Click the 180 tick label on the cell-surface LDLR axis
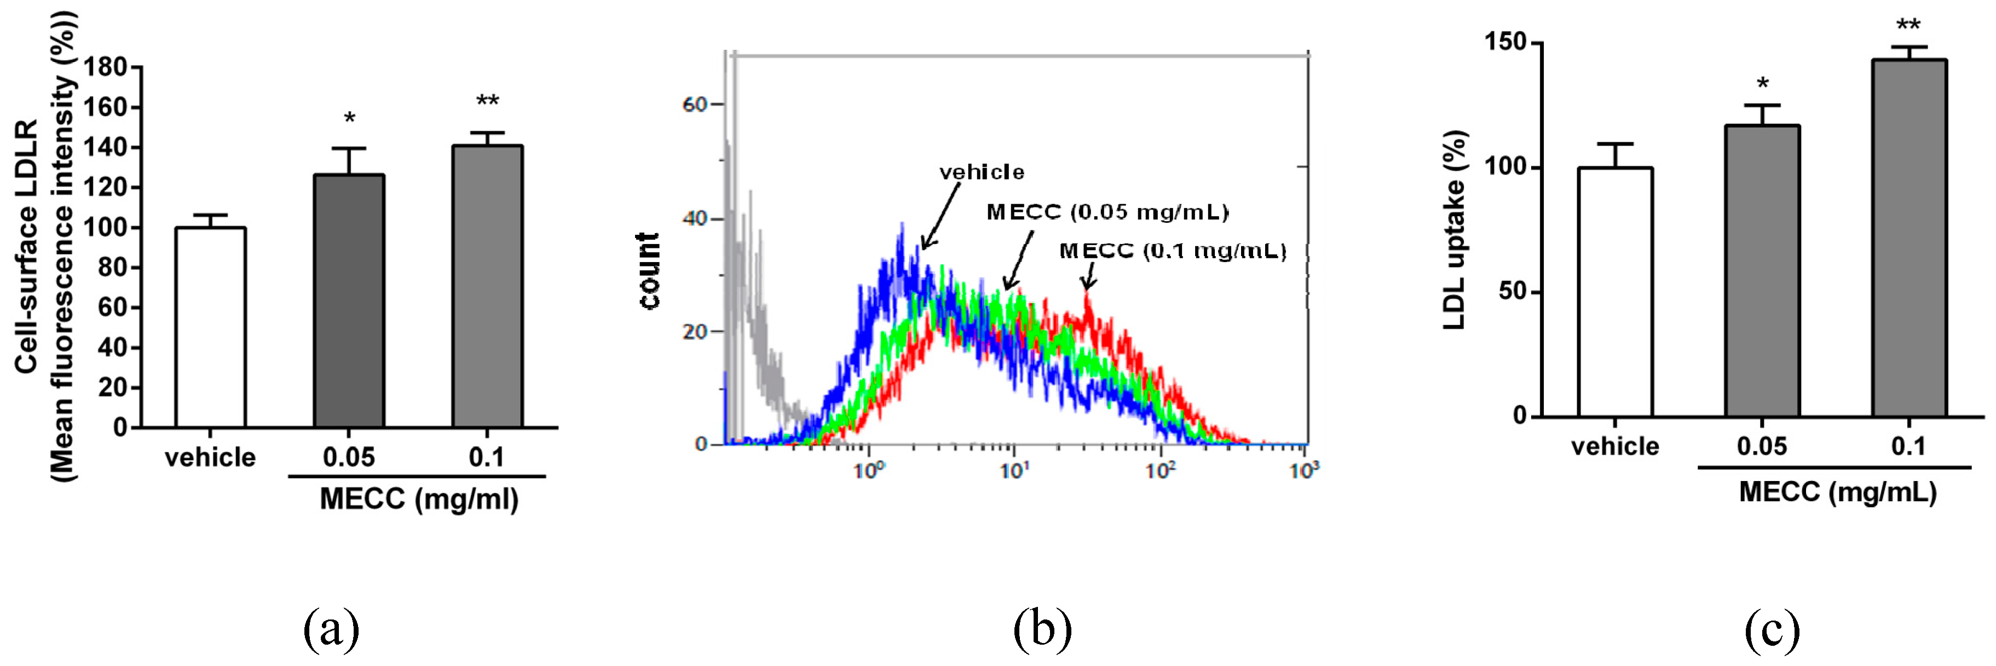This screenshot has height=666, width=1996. tap(105, 67)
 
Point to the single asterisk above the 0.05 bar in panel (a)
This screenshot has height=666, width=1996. tap(349, 119)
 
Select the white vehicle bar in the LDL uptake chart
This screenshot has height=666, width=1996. tap(1615, 293)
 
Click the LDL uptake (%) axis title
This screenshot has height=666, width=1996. tap(1455, 230)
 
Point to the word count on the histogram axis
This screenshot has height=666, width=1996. tap(649, 271)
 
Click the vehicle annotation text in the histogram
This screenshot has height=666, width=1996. tap(981, 172)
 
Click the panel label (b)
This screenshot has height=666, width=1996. tap(1042, 628)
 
